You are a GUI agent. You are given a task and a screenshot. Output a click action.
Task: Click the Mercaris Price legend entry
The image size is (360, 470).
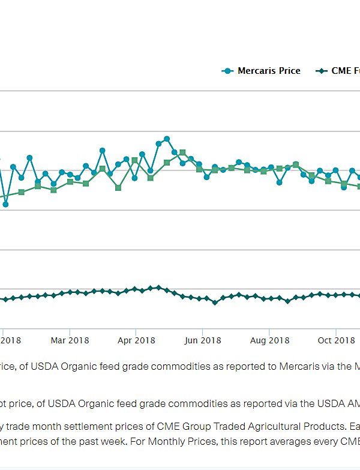268,71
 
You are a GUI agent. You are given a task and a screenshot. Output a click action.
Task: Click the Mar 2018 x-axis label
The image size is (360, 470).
70,340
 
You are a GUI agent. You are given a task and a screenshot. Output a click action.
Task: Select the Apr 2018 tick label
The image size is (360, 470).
136,340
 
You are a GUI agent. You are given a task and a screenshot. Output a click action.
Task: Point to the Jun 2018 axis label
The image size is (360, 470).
202,340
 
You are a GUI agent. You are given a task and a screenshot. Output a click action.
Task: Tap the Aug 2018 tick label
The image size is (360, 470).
269,340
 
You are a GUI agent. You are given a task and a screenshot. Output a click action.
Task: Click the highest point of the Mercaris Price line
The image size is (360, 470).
167,139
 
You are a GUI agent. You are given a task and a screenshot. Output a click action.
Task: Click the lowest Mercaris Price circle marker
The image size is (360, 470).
5,205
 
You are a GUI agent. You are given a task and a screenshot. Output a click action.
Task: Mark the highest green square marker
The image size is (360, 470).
182,153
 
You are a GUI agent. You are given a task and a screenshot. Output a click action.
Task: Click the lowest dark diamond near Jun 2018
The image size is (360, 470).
215,303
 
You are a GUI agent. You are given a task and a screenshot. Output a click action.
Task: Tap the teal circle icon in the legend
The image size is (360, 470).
227,71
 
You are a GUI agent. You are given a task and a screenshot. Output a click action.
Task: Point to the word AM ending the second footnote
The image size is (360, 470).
351,405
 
